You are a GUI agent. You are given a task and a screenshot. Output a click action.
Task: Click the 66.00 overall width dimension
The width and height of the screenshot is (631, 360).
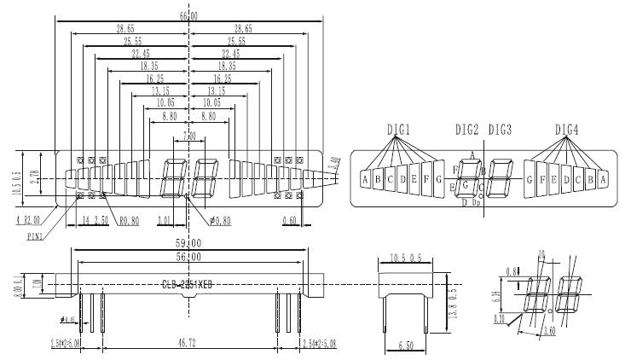188,15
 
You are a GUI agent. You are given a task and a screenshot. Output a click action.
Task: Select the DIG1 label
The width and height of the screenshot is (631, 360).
398,130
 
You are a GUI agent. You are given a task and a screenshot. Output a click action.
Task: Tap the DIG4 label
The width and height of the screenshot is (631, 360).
567,130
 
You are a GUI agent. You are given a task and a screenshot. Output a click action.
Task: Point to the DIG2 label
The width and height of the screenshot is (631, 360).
467,130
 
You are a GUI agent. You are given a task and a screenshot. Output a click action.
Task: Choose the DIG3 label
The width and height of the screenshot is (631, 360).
500,130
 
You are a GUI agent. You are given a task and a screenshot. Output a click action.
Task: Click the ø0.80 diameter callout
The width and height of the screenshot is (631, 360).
220,222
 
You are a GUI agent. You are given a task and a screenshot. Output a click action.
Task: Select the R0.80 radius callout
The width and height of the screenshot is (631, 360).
130,222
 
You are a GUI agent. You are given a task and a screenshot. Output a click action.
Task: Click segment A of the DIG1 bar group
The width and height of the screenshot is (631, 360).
365,180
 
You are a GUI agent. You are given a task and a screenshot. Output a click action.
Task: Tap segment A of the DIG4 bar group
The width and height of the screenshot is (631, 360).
602,180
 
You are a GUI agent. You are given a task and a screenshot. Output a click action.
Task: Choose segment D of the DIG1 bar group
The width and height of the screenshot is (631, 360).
402,179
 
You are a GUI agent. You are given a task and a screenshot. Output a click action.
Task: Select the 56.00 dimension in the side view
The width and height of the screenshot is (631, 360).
188,257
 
